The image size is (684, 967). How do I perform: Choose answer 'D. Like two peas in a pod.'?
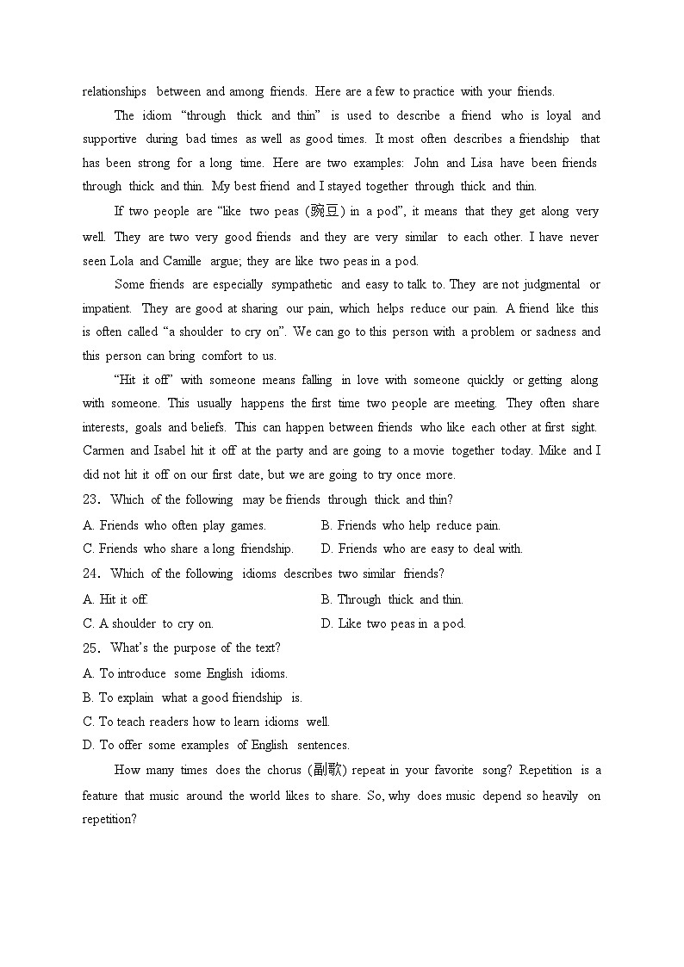click(393, 623)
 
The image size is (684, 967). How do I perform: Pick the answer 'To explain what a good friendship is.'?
click(200, 697)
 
